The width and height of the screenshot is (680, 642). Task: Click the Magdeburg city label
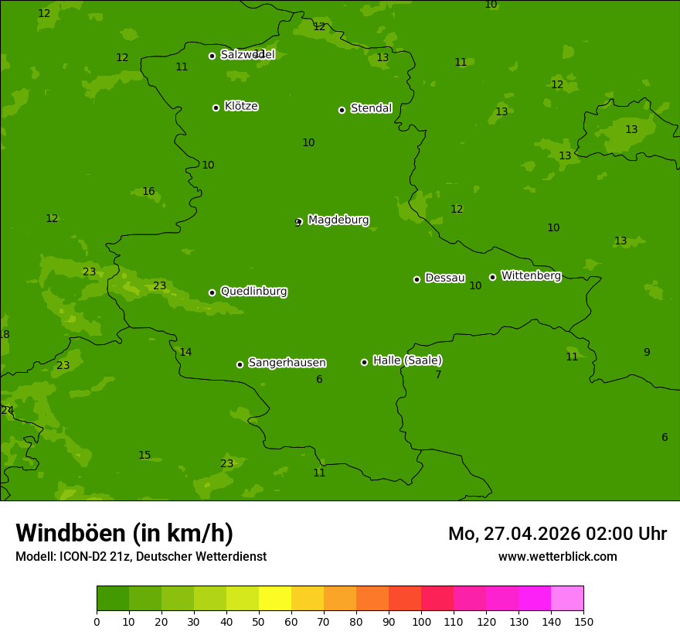[x=338, y=220]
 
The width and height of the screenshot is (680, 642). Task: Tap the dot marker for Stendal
[x=342, y=110]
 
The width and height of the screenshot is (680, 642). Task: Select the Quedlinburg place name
[x=253, y=292]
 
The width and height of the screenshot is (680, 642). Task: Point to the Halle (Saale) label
[x=407, y=360]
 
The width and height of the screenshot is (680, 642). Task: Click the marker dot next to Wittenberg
[x=492, y=277]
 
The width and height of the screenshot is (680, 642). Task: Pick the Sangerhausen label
[x=287, y=363]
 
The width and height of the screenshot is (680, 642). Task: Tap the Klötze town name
[x=241, y=106]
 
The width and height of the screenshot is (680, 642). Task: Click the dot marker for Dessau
[x=416, y=279]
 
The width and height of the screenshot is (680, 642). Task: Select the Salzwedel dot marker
[x=212, y=56]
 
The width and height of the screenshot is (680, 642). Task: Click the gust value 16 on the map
[x=148, y=192]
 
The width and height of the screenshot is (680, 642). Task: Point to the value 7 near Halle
[x=438, y=375]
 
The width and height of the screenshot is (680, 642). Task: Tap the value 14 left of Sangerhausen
[x=185, y=353]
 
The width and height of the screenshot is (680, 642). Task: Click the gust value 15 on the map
[x=144, y=456]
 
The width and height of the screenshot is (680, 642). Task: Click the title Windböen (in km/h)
[x=124, y=533]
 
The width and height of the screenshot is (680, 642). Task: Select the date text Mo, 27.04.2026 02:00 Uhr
[x=557, y=534]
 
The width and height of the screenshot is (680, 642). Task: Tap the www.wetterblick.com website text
[x=557, y=557]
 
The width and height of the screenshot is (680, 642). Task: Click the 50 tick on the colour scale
[x=259, y=621]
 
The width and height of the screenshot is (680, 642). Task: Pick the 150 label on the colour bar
[x=583, y=621]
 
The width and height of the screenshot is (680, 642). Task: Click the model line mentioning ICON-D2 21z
[x=141, y=557]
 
